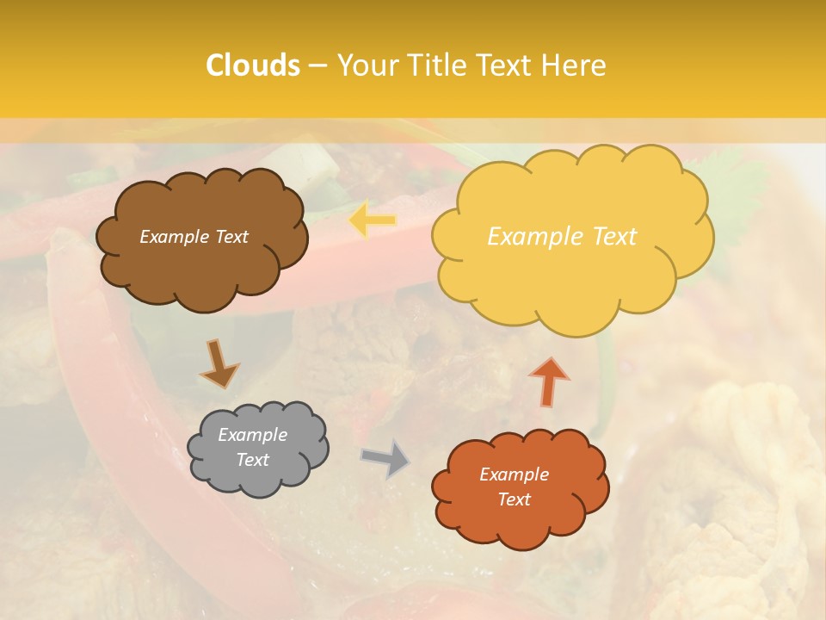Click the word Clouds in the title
point(253,65)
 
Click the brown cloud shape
point(202,267)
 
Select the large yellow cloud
point(572,276)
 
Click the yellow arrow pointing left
point(373,220)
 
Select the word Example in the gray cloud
point(253,436)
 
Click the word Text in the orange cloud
point(515,499)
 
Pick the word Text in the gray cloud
point(253,460)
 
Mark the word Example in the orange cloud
point(515,474)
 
